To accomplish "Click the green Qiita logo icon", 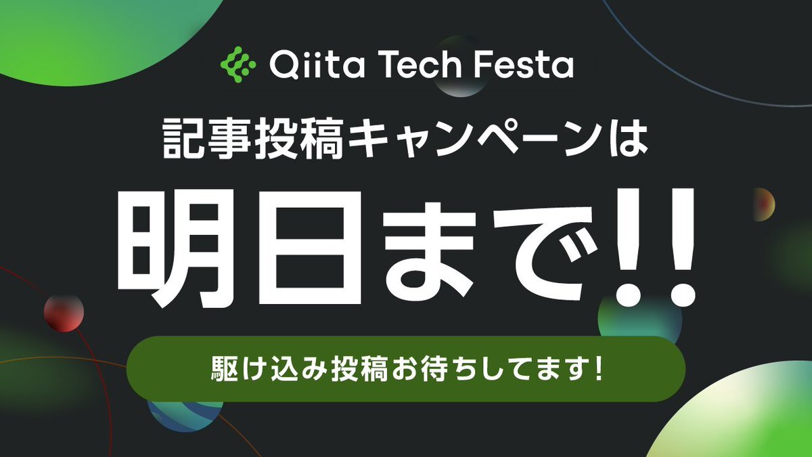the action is coord(238,64).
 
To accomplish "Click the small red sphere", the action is coord(64,313).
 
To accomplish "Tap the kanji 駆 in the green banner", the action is coord(225,369).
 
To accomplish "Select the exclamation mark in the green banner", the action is coord(598,368).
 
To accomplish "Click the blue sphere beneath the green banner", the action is coord(185,416).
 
